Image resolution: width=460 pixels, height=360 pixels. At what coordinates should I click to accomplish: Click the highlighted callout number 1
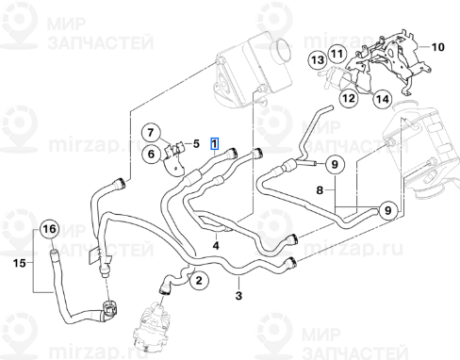click(x=216, y=145)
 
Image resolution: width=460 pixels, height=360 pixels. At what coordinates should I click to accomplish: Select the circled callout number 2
click(x=198, y=279)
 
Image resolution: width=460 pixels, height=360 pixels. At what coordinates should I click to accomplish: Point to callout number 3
click(x=239, y=296)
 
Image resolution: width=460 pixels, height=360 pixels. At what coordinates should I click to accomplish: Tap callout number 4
click(x=216, y=245)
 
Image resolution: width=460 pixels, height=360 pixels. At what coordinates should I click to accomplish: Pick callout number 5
click(x=196, y=143)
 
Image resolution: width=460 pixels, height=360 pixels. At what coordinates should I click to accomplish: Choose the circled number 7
click(x=152, y=131)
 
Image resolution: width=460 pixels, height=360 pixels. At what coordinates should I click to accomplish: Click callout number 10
click(x=436, y=45)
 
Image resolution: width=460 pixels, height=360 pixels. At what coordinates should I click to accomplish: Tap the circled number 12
click(x=348, y=97)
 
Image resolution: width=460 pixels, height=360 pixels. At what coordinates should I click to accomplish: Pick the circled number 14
click(x=381, y=98)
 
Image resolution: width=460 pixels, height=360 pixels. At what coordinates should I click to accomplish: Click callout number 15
click(x=18, y=264)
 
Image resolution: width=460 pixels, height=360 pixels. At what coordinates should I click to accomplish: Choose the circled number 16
click(x=48, y=229)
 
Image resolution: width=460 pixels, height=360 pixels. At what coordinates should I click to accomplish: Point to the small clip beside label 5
click(x=177, y=148)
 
